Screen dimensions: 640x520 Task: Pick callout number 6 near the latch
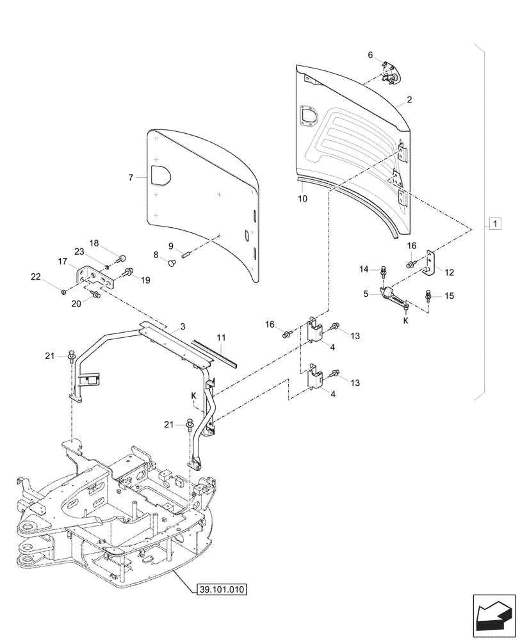click(370, 56)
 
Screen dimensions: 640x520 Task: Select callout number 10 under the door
click(303, 198)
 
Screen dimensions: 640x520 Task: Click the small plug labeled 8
click(171, 262)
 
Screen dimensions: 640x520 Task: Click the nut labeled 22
click(64, 292)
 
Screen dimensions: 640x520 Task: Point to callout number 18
click(94, 243)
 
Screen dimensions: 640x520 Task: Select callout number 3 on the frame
click(183, 326)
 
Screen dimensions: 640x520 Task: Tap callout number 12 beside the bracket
click(449, 273)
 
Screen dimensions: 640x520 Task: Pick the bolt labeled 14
click(383, 271)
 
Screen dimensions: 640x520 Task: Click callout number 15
click(448, 296)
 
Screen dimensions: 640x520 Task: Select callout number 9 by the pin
click(171, 246)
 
